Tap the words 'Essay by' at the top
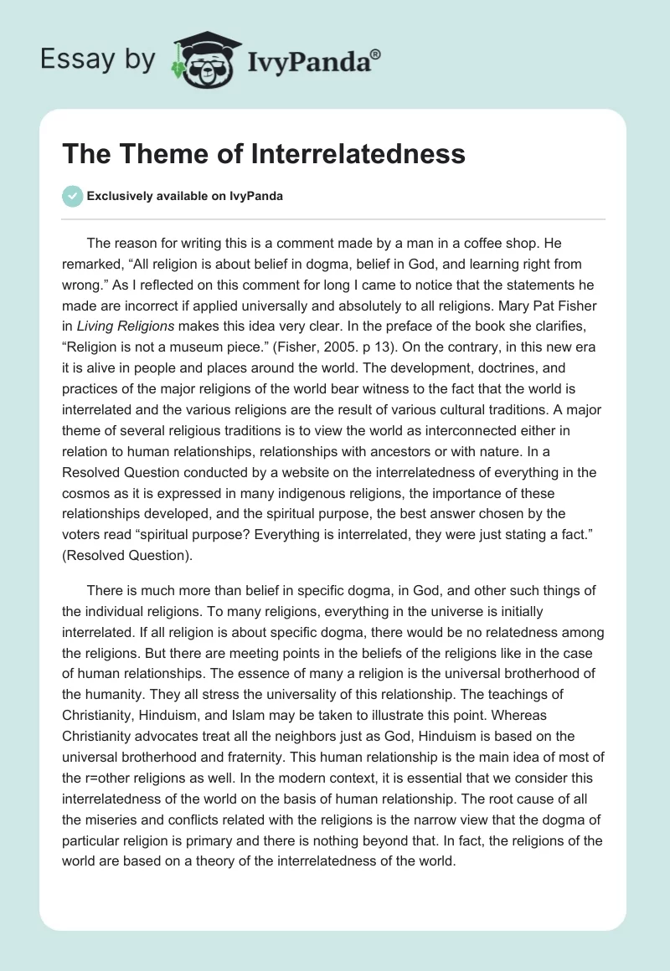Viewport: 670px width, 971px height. [98, 59]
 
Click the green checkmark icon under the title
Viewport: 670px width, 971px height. [72, 196]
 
